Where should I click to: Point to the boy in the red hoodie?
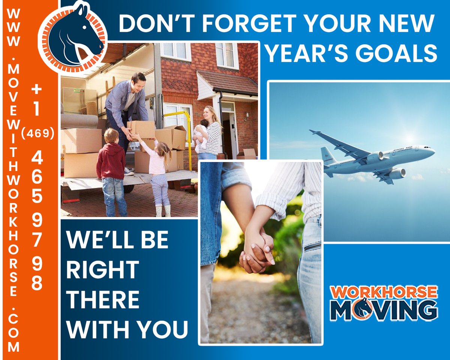(x=111, y=165)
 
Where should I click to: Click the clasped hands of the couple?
(x=257, y=249)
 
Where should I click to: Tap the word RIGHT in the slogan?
(x=102, y=268)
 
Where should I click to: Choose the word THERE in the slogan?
(x=103, y=299)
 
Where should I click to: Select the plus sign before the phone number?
(x=36, y=89)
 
